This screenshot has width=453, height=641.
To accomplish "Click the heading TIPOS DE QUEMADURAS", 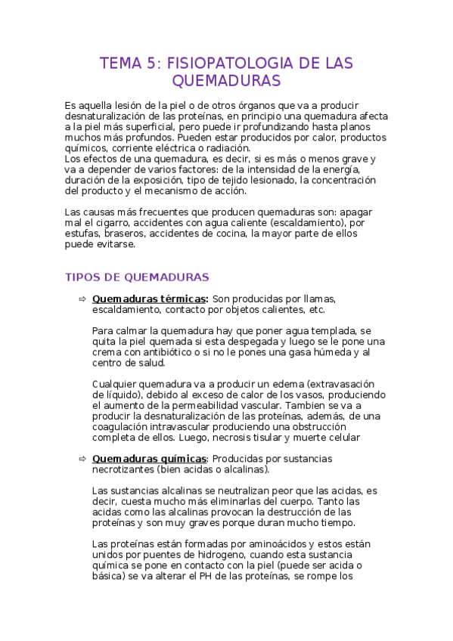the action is pyautogui.click(x=138, y=277).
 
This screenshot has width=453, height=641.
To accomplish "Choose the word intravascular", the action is pyautogui.click(x=180, y=426).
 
